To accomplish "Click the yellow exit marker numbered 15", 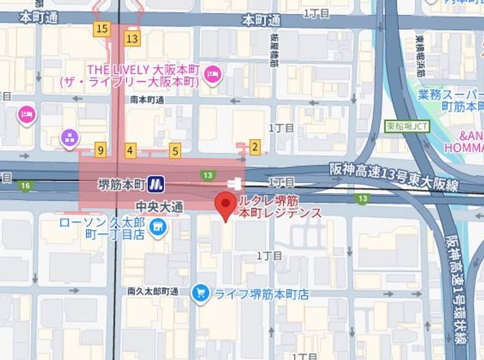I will [102, 28].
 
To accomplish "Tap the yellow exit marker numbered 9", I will [100, 150].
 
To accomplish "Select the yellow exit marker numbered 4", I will [130, 150].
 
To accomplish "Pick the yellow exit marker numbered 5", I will [175, 151].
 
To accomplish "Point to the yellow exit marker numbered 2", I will [254, 146].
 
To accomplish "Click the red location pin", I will [225, 203].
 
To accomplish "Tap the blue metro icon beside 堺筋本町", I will [157, 183].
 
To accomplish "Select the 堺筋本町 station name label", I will [122, 183].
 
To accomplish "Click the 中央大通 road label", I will [159, 207].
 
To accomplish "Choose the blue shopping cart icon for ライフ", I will [200, 293].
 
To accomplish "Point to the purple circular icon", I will [70, 139].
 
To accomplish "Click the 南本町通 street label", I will [147, 100].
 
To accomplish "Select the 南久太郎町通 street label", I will [153, 292].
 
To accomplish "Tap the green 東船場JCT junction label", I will [407, 126].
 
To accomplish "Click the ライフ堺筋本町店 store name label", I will [261, 294].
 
